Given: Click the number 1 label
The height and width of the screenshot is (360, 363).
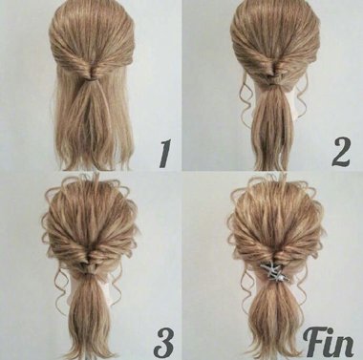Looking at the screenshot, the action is pos(165,153).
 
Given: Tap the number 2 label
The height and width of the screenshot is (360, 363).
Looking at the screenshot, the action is pos(341,152).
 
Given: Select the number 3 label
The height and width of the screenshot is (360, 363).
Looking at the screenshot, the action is pos(163,343).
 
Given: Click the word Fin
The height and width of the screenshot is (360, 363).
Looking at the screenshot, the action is pos(329,341).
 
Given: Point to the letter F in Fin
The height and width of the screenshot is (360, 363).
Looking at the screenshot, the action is pos(313,341).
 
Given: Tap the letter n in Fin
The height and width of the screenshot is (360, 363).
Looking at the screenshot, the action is pos(344,346).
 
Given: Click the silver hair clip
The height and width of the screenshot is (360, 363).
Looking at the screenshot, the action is pos(274,271).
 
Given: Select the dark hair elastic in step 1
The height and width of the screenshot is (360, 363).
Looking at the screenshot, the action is pos(94,81).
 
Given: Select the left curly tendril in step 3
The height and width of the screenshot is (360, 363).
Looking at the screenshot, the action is pos(60,288).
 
